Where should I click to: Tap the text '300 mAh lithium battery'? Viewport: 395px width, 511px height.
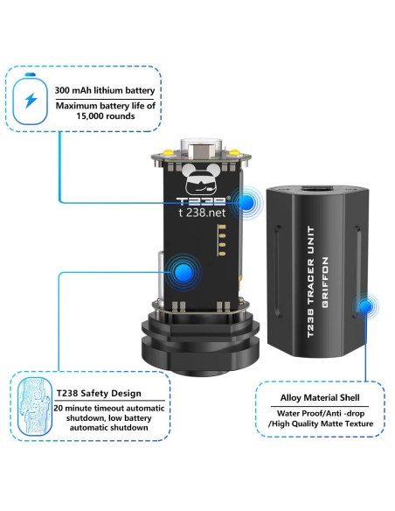(x=105, y=90)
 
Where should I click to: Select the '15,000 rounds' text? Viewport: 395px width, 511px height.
(x=106, y=116)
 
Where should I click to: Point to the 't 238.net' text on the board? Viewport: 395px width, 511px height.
(x=202, y=213)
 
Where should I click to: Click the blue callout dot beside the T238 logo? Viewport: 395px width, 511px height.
(x=246, y=203)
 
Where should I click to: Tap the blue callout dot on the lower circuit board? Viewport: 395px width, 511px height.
(x=184, y=272)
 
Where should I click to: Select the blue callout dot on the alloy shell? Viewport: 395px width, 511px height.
(x=365, y=306)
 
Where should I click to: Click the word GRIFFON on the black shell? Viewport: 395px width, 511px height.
(x=325, y=283)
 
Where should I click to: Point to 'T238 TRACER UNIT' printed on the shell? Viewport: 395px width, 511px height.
(x=310, y=282)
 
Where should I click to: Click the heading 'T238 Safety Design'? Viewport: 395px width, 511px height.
(x=99, y=394)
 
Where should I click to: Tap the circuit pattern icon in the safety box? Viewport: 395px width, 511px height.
(x=34, y=407)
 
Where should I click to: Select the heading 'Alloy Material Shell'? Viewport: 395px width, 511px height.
(x=320, y=397)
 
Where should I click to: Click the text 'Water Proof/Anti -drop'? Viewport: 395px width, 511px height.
(x=321, y=413)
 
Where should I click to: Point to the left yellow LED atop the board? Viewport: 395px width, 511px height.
(x=168, y=151)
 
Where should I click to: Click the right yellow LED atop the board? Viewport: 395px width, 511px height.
(x=234, y=152)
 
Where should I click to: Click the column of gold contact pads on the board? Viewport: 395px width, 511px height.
(x=222, y=240)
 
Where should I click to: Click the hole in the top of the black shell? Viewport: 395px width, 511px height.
(x=317, y=190)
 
